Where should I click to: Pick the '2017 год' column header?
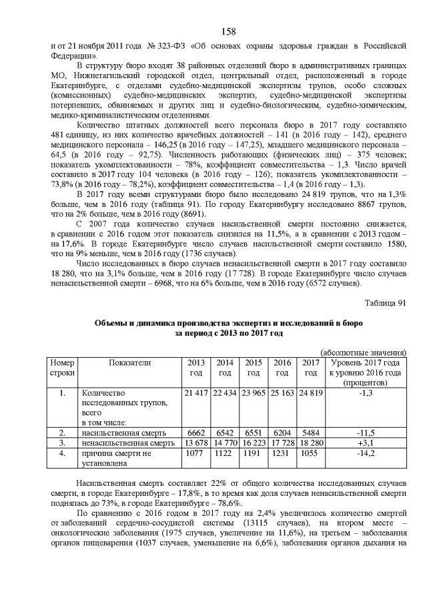tap(311, 368)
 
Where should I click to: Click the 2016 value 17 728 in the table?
tap(282, 442)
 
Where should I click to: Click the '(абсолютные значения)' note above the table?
tap(364, 352)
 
